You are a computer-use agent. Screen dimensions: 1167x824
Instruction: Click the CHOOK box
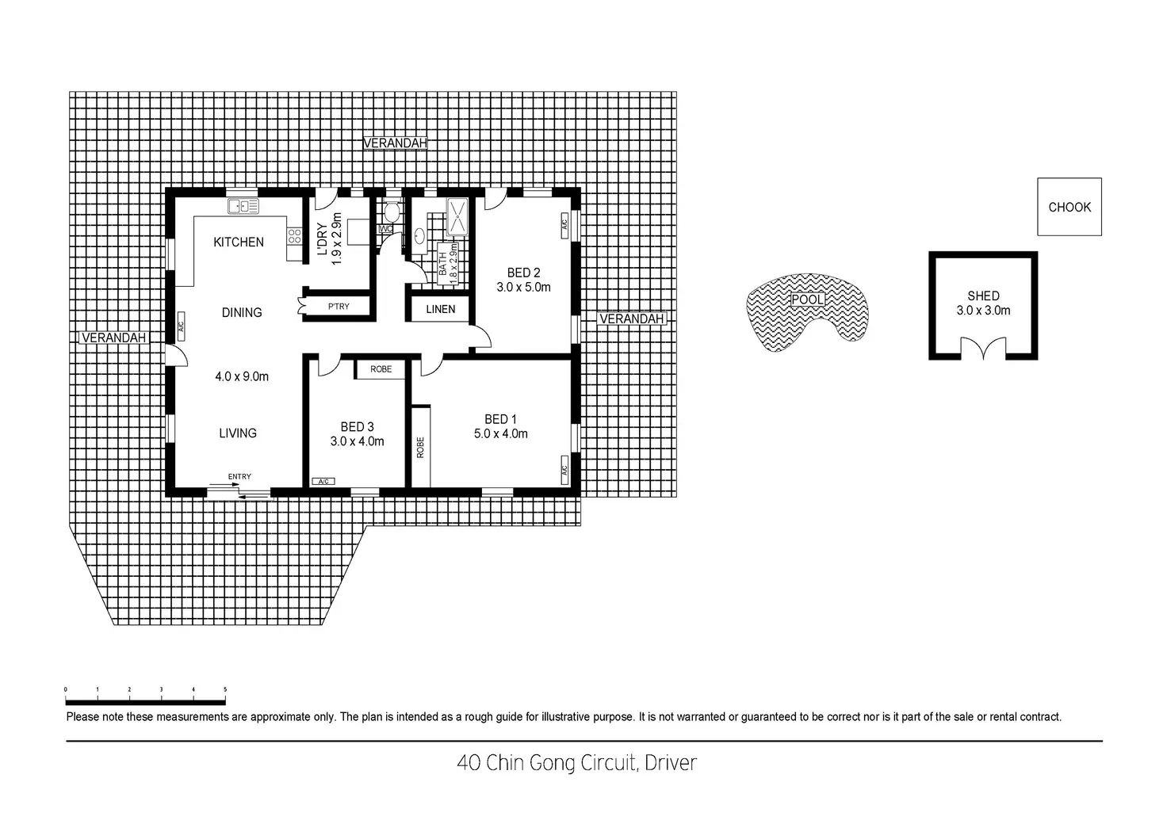point(1069,207)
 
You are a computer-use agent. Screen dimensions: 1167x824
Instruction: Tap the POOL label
point(807,299)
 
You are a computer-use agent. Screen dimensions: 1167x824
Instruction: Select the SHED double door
point(983,349)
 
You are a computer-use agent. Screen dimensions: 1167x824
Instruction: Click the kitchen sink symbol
point(243,207)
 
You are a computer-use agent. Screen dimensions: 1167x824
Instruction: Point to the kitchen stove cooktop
point(294,235)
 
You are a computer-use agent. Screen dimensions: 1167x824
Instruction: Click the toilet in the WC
point(391,212)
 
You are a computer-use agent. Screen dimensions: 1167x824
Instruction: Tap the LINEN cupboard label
point(440,309)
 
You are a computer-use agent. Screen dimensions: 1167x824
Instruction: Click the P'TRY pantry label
point(339,307)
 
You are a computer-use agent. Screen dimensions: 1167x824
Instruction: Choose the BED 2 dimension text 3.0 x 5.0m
point(523,288)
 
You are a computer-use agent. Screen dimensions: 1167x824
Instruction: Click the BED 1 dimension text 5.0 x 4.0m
point(500,433)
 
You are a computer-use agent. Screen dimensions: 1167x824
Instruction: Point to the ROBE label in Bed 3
point(381,369)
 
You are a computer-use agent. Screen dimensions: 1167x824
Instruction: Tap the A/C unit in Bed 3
point(323,481)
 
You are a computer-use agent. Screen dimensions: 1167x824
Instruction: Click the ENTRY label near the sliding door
point(239,476)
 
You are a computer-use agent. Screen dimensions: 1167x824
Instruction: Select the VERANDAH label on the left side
point(114,338)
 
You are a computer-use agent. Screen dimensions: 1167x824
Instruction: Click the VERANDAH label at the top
point(395,143)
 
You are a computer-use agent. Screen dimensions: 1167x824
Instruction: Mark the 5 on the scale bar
point(225,690)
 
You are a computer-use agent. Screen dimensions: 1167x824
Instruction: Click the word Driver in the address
point(671,763)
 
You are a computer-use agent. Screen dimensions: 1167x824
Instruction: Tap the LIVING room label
point(238,433)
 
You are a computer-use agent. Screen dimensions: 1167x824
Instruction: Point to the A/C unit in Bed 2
point(564,223)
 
